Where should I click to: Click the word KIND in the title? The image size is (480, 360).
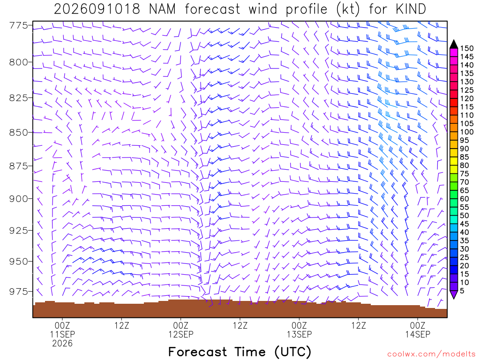[411, 9]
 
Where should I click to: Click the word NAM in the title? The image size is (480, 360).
[162, 9]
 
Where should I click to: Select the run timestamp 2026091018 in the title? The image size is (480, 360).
[97, 9]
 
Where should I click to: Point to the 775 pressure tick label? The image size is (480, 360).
[18, 25]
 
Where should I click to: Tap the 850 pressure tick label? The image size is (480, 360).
[18, 133]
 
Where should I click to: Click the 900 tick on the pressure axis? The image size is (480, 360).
[18, 199]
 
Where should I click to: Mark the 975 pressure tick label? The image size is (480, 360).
[18, 292]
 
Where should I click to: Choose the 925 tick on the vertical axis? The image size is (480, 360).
[18, 230]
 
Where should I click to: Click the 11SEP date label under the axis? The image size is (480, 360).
[62, 334]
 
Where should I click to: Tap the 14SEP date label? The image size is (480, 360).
[418, 334]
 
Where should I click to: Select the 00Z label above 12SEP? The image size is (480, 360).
[181, 325]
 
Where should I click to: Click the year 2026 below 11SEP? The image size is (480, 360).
[62, 344]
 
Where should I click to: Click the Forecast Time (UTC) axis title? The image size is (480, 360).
[240, 352]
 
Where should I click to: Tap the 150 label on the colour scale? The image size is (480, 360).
[466, 48]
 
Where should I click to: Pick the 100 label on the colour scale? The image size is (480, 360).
[466, 132]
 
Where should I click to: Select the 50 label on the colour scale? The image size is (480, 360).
[465, 216]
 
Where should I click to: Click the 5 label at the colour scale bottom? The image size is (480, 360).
[462, 291]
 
